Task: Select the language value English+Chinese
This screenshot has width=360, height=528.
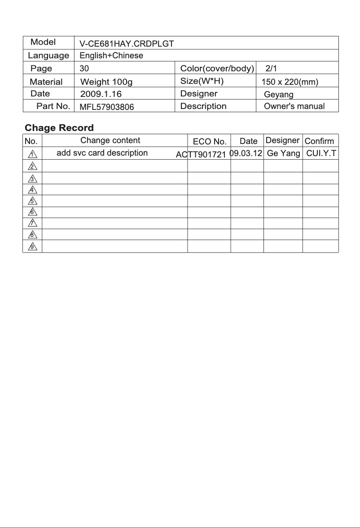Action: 111,56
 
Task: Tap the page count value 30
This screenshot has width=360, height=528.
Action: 84,69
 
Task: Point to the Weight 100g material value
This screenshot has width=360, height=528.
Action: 106,82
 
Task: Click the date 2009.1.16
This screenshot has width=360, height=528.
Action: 101,94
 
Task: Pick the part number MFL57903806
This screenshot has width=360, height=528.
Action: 107,107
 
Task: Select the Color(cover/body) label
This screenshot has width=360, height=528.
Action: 217,69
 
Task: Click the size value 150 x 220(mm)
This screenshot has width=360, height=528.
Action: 290,82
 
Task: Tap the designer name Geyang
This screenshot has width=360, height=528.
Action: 279,95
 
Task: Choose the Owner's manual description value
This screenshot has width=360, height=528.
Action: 294,107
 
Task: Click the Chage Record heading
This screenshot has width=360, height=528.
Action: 59,128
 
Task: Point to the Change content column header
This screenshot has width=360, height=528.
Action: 110,140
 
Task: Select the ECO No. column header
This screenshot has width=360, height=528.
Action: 209,142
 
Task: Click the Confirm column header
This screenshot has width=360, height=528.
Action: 319,141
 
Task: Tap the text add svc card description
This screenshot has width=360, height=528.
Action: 102,153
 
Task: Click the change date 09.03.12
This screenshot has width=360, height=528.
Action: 246,153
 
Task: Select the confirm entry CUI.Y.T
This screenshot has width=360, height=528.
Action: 321,153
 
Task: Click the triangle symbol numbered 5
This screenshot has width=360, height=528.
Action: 32,201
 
